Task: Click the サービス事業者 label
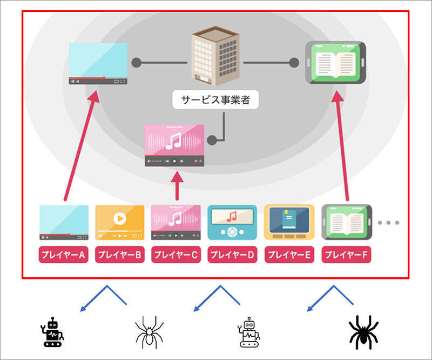(215, 99)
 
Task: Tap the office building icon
(215, 59)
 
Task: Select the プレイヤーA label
(64, 255)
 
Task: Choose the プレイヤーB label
(120, 255)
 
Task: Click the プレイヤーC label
(176, 255)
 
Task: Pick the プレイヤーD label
(232, 255)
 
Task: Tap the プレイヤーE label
(289, 255)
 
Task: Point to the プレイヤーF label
(345, 255)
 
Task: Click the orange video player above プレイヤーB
(120, 222)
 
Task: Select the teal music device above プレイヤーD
(232, 222)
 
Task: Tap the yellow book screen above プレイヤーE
(289, 222)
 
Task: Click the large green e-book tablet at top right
(336, 63)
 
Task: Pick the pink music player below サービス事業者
(174, 145)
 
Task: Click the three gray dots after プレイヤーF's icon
(388, 222)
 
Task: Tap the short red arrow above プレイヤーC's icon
(176, 186)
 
